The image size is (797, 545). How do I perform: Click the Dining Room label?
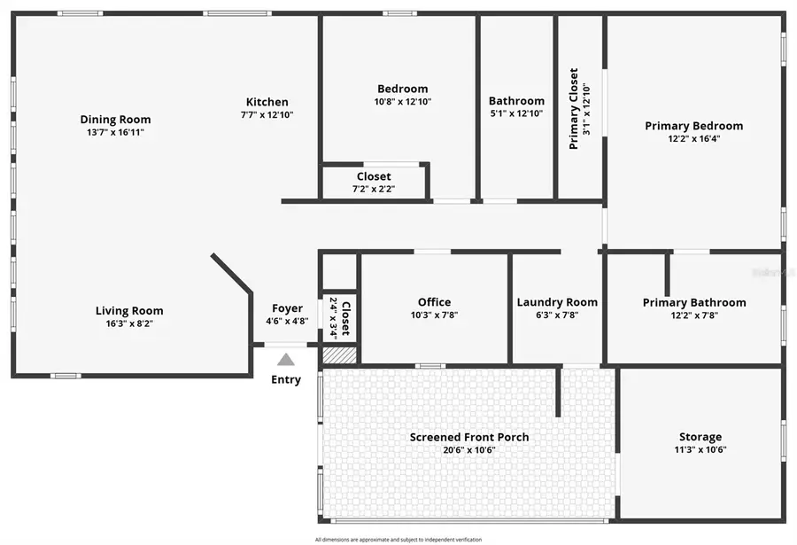(115, 120)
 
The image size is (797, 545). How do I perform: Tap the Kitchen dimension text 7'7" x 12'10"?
(267, 115)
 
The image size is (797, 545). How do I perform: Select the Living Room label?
(129, 311)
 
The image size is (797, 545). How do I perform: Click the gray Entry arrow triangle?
(285, 360)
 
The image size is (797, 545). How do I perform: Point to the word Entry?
(285, 379)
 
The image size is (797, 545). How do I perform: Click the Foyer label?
(287, 308)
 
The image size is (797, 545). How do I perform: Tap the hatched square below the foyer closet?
(339, 354)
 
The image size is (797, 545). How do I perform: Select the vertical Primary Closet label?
(574, 108)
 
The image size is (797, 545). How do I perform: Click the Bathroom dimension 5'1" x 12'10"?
(516, 113)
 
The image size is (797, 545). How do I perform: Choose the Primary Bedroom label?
(693, 126)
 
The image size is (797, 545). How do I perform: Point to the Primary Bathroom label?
(693, 302)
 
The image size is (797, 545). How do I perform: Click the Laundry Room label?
(557, 302)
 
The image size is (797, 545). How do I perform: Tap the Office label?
(434, 302)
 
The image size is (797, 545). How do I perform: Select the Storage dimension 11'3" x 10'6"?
(700, 449)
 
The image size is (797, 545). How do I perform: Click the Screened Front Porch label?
(469, 437)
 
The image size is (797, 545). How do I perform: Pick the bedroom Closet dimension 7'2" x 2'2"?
(374, 189)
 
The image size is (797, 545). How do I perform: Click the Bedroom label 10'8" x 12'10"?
(402, 89)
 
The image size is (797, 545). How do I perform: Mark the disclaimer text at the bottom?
(398, 539)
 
